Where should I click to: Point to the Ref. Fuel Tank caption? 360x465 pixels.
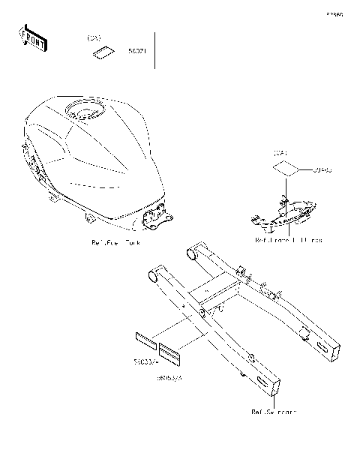pos(115,243)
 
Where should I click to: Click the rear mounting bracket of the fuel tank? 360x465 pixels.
pos(156,217)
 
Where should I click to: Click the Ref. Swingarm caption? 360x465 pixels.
pos(273,412)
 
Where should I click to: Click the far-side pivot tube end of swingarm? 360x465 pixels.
pos(190,254)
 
